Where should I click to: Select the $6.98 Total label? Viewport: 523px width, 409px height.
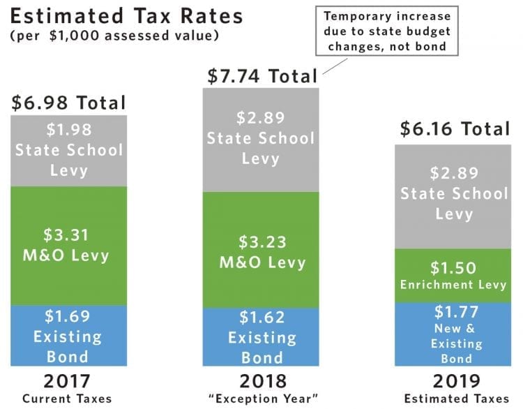68,104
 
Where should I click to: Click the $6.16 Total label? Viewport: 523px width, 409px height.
454,129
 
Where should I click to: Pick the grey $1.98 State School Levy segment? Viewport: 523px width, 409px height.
68,150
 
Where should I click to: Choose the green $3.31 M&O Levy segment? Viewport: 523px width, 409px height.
68,245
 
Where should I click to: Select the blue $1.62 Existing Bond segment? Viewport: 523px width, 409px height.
260,336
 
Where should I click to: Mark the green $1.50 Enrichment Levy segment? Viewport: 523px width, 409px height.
454,275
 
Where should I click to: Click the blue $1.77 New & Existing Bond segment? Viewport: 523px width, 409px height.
454,334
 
